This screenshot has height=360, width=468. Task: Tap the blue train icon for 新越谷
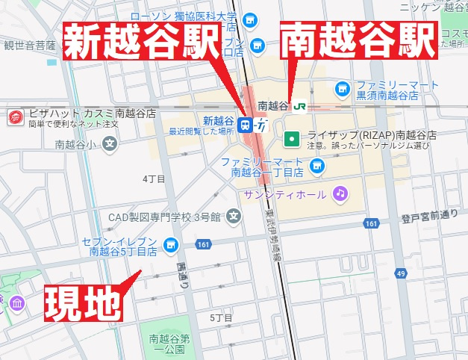(x=246, y=123)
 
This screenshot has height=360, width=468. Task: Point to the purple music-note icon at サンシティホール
(x=340, y=194)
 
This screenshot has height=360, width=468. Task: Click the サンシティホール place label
(x=284, y=195)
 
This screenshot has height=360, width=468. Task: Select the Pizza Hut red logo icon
(x=14, y=117)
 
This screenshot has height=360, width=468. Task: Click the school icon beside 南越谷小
(x=110, y=143)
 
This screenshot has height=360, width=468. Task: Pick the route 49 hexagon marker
(x=402, y=274)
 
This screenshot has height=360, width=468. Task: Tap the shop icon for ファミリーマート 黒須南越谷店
(x=342, y=88)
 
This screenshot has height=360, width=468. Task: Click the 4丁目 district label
(x=153, y=179)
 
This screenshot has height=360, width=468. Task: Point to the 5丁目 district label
(x=221, y=318)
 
